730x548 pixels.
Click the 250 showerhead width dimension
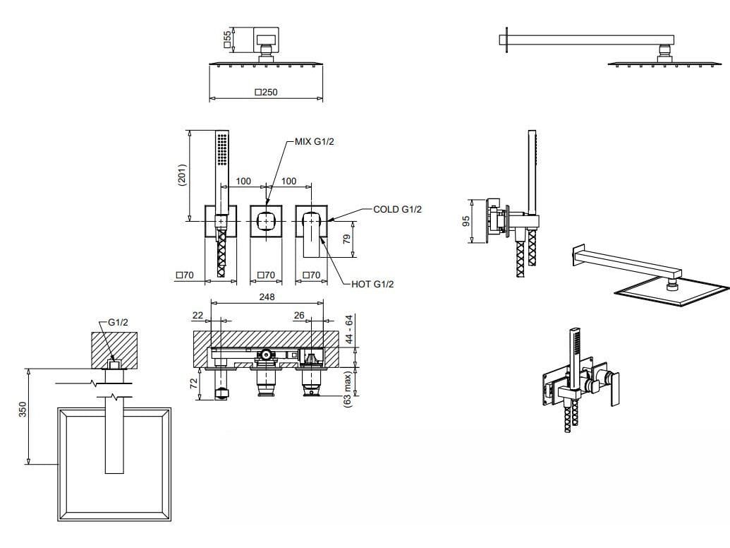(267, 92)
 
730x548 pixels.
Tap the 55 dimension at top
(227, 39)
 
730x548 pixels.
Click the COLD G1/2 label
(397, 210)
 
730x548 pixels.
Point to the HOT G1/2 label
(372, 284)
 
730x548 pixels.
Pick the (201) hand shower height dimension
(182, 175)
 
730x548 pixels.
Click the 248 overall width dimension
(267, 297)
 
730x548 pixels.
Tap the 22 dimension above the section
(197, 316)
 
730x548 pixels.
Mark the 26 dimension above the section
(299, 316)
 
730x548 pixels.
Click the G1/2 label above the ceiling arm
(118, 323)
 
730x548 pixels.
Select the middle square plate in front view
(267, 222)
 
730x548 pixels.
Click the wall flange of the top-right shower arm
(505, 39)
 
